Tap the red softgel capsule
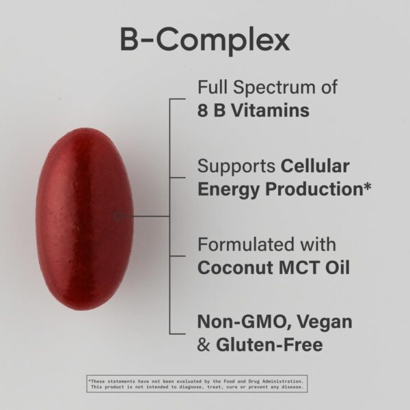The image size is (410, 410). coord(84,217)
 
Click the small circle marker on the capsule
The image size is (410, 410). coord(118,217)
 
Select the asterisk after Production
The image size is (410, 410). coord(367,186)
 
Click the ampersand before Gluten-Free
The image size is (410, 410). coord(203,344)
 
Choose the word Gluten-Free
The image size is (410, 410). coord(269,344)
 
